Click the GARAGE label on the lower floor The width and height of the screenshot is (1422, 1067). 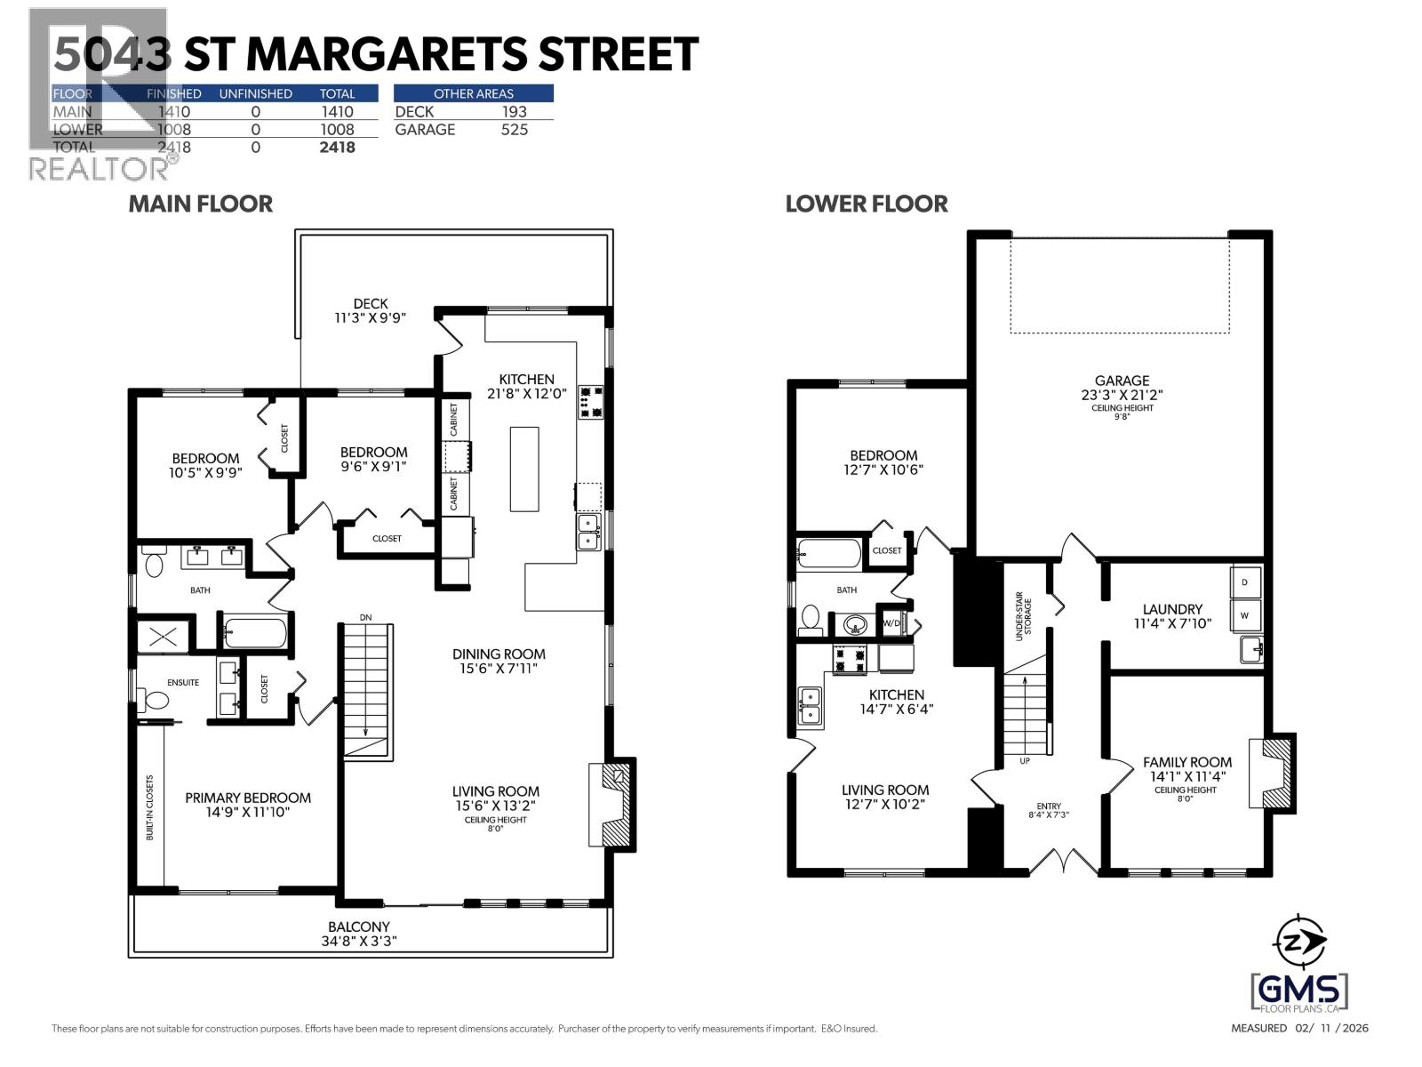coord(1122,381)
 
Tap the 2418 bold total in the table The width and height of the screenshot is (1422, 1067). coord(337,148)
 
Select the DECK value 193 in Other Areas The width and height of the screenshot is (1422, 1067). coord(514,111)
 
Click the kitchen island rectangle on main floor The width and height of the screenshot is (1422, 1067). coord(524,469)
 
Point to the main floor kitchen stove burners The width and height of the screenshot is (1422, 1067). coord(590,401)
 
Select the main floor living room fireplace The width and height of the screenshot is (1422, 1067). coord(613,803)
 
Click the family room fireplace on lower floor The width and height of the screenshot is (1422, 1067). coord(1274,771)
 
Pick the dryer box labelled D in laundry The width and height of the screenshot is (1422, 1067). coord(1244,582)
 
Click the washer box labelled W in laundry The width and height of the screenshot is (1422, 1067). coord(1244,615)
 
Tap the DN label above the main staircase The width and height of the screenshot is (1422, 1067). coord(365,617)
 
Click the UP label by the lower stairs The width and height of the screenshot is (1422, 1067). coord(1025,762)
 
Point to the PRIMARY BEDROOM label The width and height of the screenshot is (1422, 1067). coord(248,798)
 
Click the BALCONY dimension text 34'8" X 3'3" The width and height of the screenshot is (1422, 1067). coord(358,942)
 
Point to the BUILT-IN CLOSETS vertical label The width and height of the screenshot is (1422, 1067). coord(150,807)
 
